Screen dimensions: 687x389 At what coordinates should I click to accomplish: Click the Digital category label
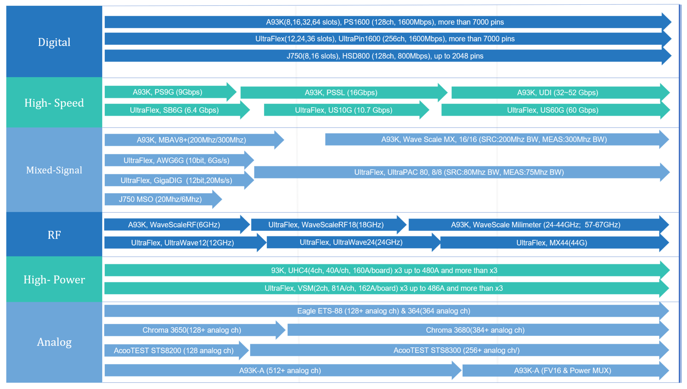54,42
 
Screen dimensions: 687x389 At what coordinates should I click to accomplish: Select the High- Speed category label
54,103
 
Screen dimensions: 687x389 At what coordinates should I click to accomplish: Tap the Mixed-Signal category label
54,170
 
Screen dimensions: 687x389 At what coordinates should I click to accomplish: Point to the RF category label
54,235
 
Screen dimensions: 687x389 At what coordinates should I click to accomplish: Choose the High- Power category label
54,280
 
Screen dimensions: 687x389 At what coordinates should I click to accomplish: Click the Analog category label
54,342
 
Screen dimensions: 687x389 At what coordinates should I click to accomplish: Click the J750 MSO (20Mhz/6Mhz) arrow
163,199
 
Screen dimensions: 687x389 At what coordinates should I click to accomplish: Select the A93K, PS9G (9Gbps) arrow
170,92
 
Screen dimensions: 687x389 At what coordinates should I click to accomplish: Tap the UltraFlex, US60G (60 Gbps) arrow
556,110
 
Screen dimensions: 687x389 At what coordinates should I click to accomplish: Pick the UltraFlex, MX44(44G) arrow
555,243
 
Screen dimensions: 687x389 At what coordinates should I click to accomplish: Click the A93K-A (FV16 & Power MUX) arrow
566,371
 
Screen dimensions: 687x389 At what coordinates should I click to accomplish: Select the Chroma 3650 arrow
195,330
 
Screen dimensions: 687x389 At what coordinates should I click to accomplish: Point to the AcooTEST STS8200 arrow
176,351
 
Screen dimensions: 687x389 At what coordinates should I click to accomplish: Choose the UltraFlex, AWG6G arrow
179,160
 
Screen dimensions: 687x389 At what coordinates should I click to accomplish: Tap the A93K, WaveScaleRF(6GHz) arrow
177,225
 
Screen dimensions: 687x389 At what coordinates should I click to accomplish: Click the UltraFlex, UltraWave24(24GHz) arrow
354,242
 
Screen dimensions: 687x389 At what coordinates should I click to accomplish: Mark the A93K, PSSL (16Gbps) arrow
344,93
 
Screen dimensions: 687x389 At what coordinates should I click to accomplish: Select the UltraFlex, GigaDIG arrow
179,181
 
